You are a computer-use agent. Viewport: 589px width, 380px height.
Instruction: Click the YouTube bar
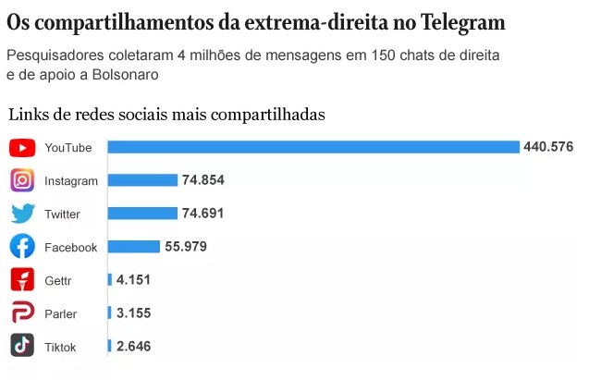tap(313, 147)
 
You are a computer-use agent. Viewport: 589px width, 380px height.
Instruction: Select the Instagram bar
tap(142, 180)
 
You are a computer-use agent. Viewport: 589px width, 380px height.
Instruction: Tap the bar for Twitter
tap(142, 214)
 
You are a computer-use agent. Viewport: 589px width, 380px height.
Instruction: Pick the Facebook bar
tap(133, 247)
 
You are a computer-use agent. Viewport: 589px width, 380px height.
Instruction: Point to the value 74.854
tap(203, 180)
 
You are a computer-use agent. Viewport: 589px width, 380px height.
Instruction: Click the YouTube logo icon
tap(23, 148)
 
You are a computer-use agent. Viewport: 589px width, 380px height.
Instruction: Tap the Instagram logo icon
tap(23, 180)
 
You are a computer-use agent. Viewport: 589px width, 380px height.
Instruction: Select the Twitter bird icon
tap(23, 214)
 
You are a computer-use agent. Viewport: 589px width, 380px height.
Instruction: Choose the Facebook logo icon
tap(23, 247)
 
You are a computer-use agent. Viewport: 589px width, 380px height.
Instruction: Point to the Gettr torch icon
tap(23, 280)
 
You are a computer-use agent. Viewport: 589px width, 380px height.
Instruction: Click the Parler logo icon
tap(23, 313)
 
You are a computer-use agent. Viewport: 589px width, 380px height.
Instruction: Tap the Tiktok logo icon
tap(23, 347)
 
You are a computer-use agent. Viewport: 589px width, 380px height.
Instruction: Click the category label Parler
tap(60, 314)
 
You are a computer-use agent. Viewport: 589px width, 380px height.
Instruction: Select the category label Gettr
tap(57, 281)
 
